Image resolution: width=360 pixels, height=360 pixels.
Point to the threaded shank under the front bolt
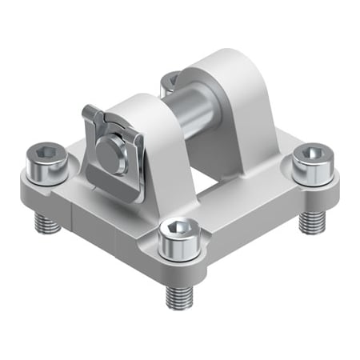178,294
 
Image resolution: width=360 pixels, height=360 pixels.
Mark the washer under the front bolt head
178,248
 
